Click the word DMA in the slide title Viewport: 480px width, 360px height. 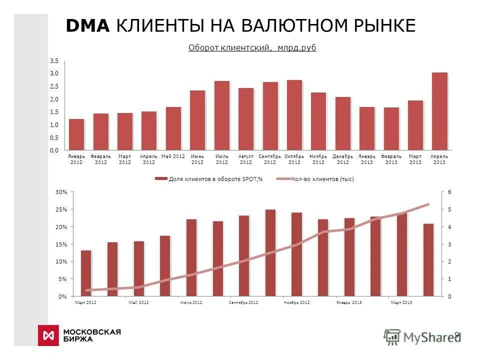coord(88,26)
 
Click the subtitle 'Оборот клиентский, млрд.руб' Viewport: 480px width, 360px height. coord(252,47)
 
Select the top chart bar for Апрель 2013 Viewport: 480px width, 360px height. coord(439,111)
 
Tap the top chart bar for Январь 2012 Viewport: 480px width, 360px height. coord(76,134)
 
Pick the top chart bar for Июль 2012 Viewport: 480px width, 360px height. coord(221,115)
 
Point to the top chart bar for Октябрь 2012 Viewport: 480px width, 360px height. coord(294,114)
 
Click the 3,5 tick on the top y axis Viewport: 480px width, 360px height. coord(54,60)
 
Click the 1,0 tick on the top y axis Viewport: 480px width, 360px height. coord(54,124)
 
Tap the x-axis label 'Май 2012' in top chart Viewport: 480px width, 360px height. coord(173,156)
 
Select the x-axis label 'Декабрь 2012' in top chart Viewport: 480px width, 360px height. coord(342,159)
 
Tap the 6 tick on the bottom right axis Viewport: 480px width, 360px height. coord(449,192)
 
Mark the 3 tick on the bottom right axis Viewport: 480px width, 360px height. coord(449,244)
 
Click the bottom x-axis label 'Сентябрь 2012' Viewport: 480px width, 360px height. coord(243,303)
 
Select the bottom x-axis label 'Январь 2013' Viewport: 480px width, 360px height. coord(348,303)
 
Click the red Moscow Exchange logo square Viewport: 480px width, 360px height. coord(48,335)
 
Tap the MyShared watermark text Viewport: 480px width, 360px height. coord(430,337)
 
